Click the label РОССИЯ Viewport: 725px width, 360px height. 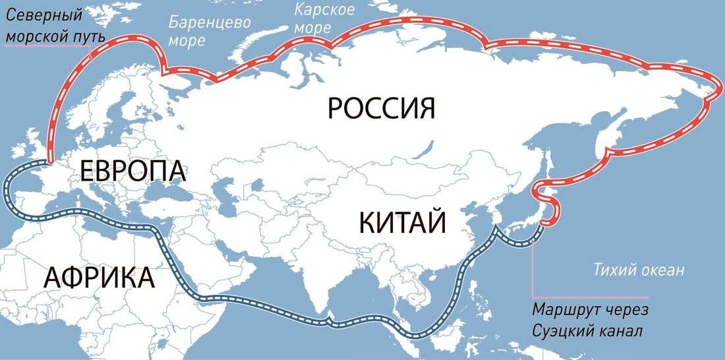coord(382,107)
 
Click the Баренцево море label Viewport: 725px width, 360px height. coord(209,30)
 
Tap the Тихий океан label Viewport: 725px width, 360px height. coord(639,270)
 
